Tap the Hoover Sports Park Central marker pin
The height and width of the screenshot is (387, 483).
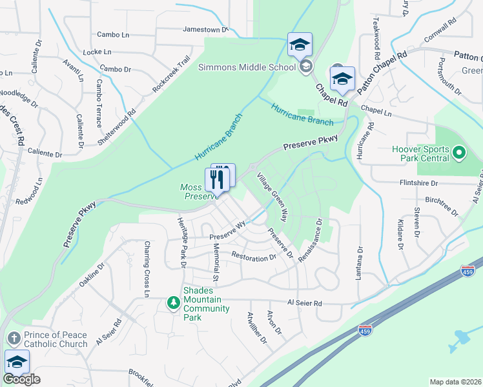coord(459,153)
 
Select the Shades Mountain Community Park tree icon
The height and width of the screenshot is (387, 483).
coord(173,302)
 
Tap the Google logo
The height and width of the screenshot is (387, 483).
coord(21,379)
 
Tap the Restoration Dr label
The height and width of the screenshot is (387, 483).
coord(254,258)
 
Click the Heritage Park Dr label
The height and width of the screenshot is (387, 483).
coord(181,243)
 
